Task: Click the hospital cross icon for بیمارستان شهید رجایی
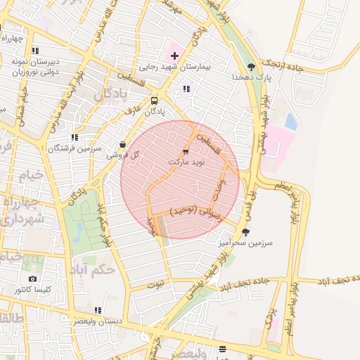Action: (x=174, y=55)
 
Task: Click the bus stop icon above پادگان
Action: (x=154, y=100)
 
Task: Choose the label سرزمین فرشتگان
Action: (x=75, y=149)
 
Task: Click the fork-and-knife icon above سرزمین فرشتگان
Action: (x=75, y=138)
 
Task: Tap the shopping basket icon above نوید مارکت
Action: (x=186, y=151)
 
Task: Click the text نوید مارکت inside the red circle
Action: (x=186, y=162)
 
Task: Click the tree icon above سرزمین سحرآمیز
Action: (x=245, y=231)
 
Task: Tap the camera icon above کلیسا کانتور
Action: (x=33, y=279)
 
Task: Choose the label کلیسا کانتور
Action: (x=33, y=290)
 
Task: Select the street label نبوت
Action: (x=155, y=285)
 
